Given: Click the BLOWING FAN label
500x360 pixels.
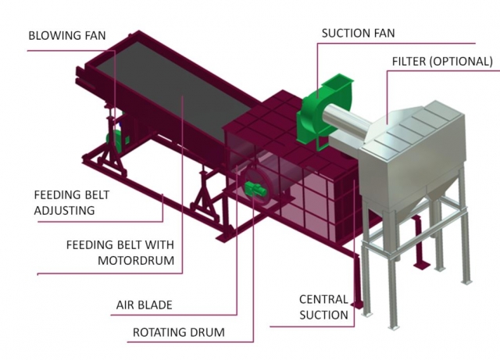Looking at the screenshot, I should [66, 36].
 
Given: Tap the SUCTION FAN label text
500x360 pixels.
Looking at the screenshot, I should [359, 34].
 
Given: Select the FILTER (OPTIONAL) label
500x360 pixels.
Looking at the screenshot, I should [441, 61].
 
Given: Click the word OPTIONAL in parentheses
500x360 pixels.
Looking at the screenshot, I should [462, 61].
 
